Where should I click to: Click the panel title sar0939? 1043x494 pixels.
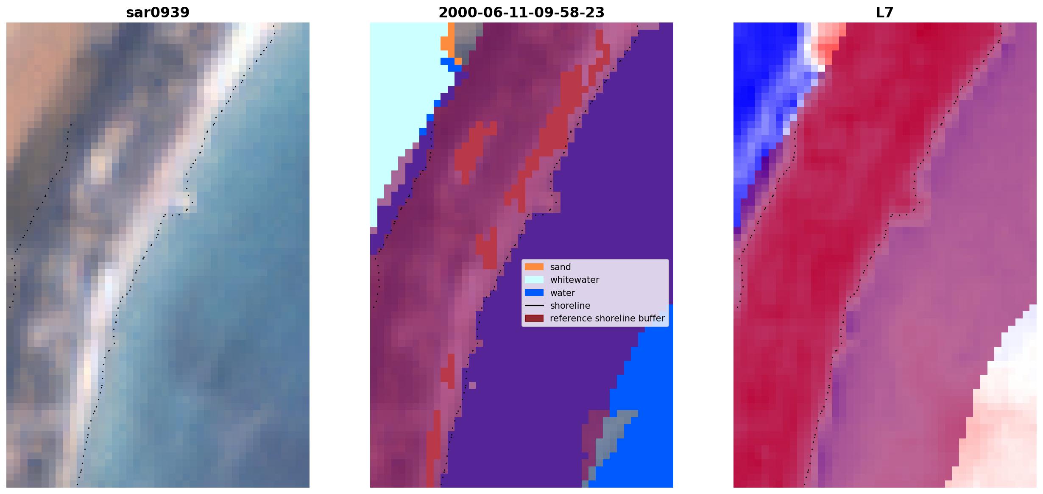point(158,13)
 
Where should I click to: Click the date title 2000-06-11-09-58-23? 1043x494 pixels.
point(521,13)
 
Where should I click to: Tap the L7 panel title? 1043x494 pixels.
point(885,13)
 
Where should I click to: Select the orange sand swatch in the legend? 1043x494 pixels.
point(534,267)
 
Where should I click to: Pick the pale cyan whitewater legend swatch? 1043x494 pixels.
point(534,280)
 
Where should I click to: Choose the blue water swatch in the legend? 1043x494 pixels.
point(534,293)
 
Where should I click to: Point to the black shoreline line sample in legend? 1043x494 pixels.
point(534,305)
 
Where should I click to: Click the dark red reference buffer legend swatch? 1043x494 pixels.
point(534,318)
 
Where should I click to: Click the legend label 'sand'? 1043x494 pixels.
point(561,267)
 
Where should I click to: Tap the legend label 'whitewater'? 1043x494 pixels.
point(574,280)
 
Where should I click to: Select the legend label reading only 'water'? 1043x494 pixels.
point(563,293)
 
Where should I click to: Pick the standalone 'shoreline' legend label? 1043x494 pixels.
point(570,306)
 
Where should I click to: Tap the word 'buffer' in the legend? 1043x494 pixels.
point(651,318)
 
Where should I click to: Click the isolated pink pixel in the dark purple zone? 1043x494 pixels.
point(472,385)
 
